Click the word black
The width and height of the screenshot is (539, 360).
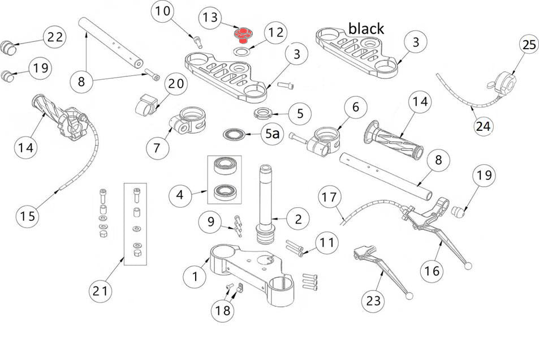(x=366, y=28)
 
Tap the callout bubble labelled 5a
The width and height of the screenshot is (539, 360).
(x=273, y=135)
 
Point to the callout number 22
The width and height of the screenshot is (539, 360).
(x=55, y=37)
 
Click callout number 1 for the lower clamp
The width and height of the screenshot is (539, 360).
(x=195, y=276)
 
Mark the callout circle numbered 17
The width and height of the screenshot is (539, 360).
(x=330, y=197)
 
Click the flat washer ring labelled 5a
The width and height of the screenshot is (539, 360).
(x=235, y=134)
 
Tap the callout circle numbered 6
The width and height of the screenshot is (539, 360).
(x=356, y=106)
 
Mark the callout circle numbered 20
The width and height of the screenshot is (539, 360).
(x=176, y=84)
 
